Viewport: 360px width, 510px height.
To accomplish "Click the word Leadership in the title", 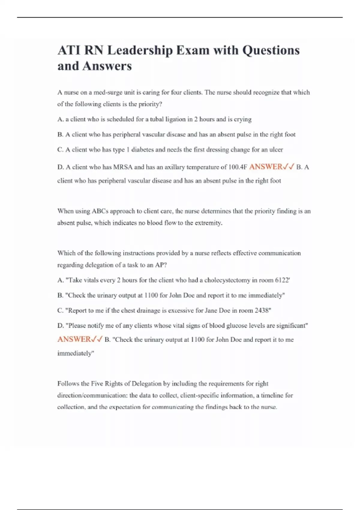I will coord(140,50).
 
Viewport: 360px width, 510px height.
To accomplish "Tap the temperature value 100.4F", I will coord(238,167).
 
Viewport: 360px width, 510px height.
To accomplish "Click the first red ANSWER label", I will coord(266,167).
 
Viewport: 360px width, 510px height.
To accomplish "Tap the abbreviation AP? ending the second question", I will coord(161,265).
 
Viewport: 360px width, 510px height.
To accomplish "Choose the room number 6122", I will coord(282,280).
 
